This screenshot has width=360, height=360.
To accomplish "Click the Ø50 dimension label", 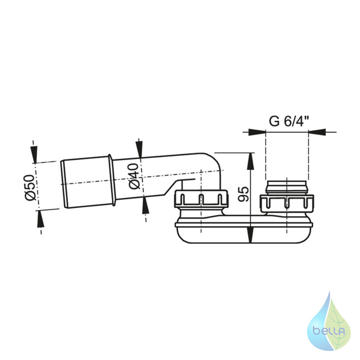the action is [30, 187].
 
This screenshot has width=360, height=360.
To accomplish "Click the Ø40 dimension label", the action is [134, 176].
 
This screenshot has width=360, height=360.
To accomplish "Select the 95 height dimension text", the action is [243, 194].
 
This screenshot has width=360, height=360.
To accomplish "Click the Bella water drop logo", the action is [329, 321].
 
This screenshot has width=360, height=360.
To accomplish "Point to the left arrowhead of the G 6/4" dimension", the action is [257, 132].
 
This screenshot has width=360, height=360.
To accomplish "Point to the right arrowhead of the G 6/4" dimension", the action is [317, 132].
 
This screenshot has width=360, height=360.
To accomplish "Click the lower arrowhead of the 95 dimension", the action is [251, 234].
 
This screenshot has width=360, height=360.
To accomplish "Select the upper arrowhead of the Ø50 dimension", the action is [34, 154].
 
